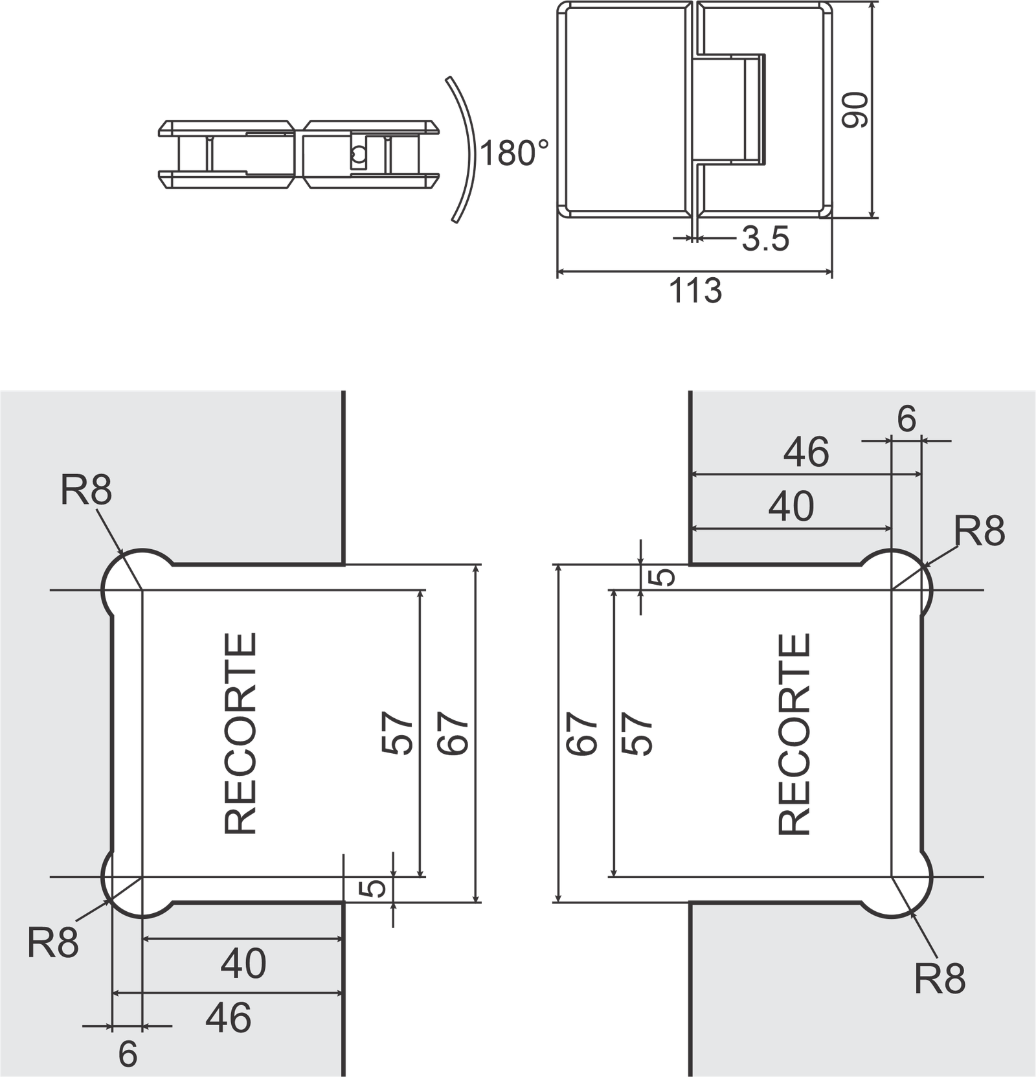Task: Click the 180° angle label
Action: (515, 154)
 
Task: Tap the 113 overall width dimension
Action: (695, 291)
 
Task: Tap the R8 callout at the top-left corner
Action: (86, 490)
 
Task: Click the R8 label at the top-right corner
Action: (979, 531)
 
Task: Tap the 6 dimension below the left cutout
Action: (128, 1054)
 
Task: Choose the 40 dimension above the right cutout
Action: (791, 506)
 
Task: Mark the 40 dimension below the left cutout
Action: (243, 964)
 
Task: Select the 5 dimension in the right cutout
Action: (662, 577)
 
